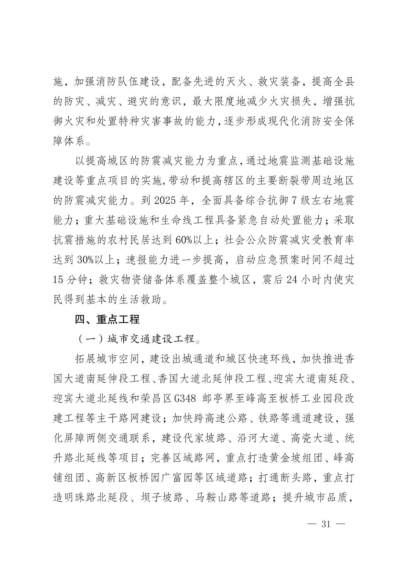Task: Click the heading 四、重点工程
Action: pos(107,319)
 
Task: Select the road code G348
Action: pos(185,398)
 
